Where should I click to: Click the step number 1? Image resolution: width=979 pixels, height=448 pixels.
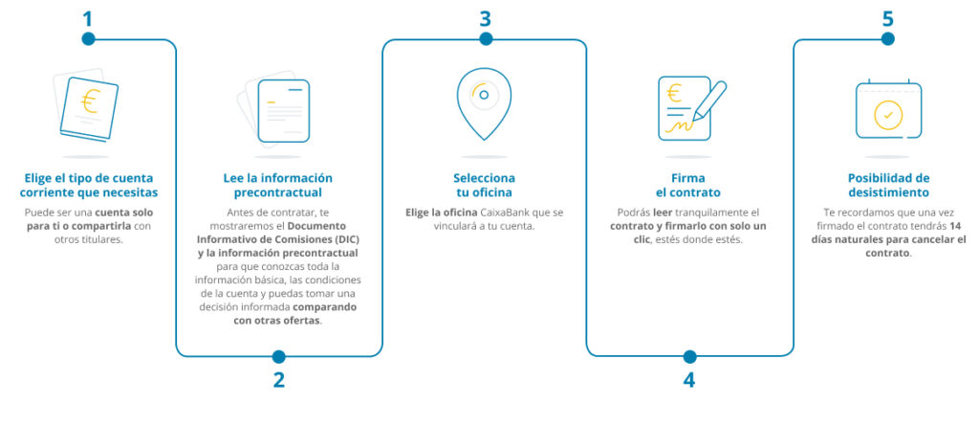click(88, 18)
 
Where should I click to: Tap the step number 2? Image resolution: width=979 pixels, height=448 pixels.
click(278, 379)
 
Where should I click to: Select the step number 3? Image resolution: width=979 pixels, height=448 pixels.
click(485, 18)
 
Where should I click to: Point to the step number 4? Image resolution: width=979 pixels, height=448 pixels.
click(688, 379)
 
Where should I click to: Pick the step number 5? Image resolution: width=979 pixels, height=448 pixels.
click(887, 18)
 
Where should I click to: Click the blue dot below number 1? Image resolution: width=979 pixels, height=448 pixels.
click(88, 39)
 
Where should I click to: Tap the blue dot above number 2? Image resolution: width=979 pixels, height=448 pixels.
click(278, 356)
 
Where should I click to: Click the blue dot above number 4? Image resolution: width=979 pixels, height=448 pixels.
click(688, 356)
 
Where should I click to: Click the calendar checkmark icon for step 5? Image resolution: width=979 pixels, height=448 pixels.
click(888, 112)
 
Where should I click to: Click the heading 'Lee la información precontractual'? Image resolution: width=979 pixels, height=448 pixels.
click(277, 185)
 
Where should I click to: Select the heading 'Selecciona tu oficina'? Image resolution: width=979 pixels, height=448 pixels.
click(484, 185)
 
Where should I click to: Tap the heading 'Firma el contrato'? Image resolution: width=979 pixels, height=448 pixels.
click(689, 185)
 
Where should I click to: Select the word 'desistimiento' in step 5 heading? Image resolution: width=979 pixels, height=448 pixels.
click(888, 191)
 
